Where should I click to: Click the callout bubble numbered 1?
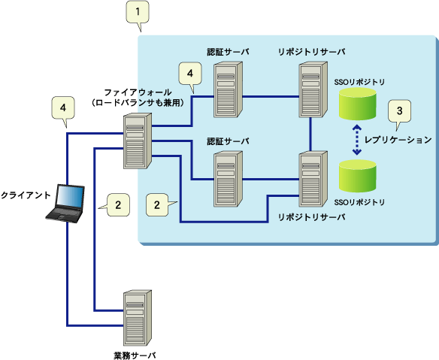coord(138,13)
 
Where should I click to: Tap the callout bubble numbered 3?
coord(399,111)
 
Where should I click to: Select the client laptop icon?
coord(65,204)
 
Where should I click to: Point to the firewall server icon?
coord(138,141)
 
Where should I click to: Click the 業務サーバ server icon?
coord(138,318)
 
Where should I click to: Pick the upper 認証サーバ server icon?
coord(229,89)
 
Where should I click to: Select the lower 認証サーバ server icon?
coord(229,179)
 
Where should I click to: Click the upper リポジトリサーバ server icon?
coord(313,89)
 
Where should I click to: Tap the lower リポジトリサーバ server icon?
coord(313,179)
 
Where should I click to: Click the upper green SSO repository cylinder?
coord(358,104)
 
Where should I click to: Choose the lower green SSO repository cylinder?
coord(358,176)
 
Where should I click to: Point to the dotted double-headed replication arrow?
coord(356,140)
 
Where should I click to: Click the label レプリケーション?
coord(398,140)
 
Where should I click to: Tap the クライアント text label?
coord(26,195)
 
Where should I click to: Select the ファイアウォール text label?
coord(138,92)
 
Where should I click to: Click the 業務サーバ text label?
coord(135,355)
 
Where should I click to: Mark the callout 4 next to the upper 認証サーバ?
coord(190,74)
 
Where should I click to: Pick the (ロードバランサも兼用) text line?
coord(138,103)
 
